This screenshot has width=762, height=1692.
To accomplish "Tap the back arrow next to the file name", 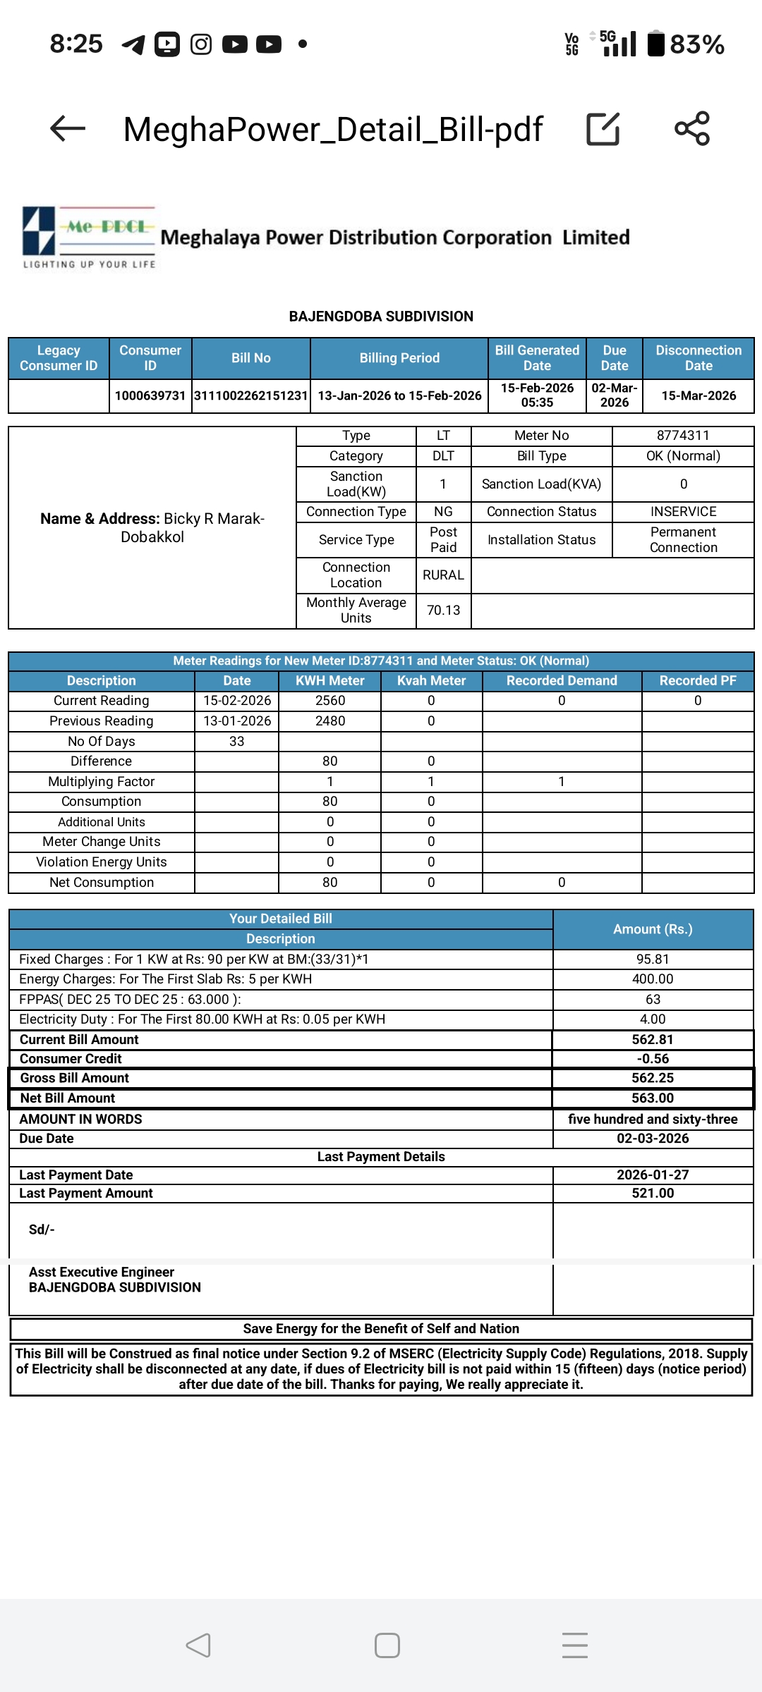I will tap(68, 128).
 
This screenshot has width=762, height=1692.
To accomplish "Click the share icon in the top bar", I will tap(692, 128).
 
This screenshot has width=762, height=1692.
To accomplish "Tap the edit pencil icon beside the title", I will tap(603, 129).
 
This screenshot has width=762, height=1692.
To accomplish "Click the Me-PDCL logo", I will tap(89, 237).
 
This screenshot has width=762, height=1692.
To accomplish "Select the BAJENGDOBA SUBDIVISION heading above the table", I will tap(381, 317).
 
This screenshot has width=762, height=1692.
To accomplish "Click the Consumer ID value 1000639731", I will tap(150, 396).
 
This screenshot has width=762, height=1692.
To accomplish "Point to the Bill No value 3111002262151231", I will tap(251, 396).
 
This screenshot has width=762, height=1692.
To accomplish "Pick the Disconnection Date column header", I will tap(698, 358).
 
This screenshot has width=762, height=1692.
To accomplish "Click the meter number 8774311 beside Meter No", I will tap(683, 436).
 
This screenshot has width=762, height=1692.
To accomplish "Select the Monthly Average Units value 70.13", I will tap(443, 610).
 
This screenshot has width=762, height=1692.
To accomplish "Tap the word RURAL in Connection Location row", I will tap(443, 575).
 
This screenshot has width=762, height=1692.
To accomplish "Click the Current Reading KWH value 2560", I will tap(330, 701).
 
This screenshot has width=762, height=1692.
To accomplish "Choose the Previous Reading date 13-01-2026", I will tap(237, 721).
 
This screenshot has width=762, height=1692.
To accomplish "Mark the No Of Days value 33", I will tap(237, 742).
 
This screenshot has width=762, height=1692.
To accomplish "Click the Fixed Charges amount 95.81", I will tap(653, 960).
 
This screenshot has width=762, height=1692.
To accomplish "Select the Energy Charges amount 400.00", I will tap(653, 979).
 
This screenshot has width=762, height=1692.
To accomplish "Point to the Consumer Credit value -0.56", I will tap(653, 1059).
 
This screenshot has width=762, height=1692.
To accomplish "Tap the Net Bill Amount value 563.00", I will tap(653, 1098).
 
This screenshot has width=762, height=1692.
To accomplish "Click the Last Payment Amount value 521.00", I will tap(653, 1193).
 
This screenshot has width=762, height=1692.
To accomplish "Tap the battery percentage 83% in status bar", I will tap(696, 44).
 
